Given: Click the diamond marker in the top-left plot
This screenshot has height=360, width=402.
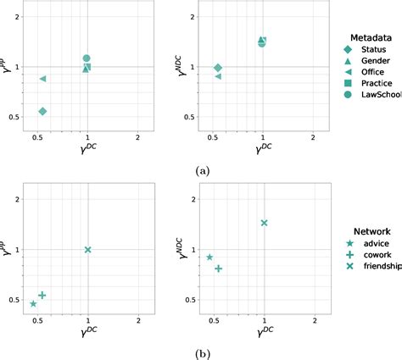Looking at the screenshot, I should tap(42, 111).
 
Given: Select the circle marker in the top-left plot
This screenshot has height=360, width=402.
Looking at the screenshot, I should tap(87, 58).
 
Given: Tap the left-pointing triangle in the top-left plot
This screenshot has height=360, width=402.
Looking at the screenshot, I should tap(43, 79).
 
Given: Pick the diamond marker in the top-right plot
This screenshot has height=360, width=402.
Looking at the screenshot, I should tap(218, 68).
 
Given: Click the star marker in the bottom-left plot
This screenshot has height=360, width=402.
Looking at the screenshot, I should tap(33, 303).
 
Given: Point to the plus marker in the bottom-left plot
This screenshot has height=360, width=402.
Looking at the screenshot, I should tap(42, 295).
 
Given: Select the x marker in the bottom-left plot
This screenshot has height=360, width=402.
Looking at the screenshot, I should tap(87, 250).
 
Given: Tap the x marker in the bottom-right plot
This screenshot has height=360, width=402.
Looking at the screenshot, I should tap(264, 223).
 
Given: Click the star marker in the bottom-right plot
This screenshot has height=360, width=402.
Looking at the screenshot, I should tap(209, 257).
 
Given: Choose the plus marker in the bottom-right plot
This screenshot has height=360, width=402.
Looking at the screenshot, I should tap(219, 269).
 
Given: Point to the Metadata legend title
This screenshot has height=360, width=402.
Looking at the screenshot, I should tap(371, 36).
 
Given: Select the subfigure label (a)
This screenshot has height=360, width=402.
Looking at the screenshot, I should tap(201, 171).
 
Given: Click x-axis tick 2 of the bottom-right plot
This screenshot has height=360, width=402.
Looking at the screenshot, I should tap(315, 323).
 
